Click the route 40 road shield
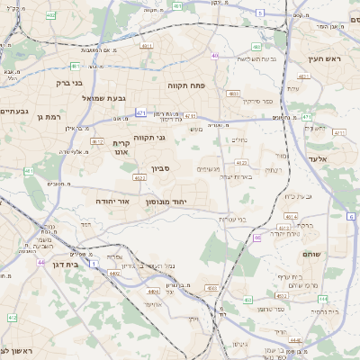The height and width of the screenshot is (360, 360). tap(215, 56)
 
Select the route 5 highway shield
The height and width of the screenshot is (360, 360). tap(260, 13)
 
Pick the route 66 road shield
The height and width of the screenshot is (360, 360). tap(256, 238)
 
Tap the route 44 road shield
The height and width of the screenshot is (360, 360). tap(42, 262)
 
